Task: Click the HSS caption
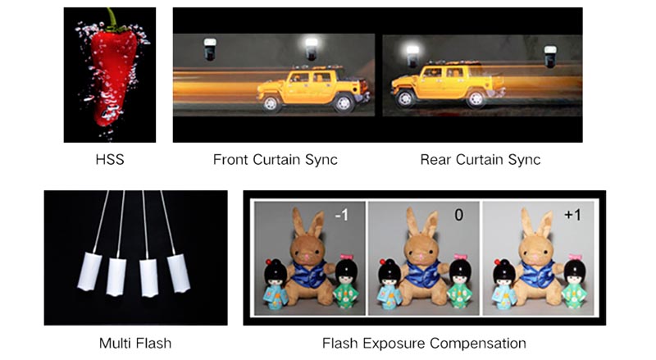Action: coord(110,159)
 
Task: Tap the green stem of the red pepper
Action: coord(112,20)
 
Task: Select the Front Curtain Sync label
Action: coord(275,159)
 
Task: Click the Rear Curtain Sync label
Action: coord(481,159)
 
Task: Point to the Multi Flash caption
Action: coord(135,344)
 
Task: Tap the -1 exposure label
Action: coord(341,215)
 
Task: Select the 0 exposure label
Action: coord(459,215)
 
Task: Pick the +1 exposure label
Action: coord(572,215)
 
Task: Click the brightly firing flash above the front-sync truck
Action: coord(312,48)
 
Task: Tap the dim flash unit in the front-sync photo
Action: coord(210,49)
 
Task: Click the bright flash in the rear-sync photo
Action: coord(412,56)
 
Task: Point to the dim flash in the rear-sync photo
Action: coord(550,56)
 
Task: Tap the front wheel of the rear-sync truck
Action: coord(404,98)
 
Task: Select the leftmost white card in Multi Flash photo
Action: coord(89,271)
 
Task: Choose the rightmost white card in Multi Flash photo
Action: coord(179,272)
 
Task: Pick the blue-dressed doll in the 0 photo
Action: coord(390,284)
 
